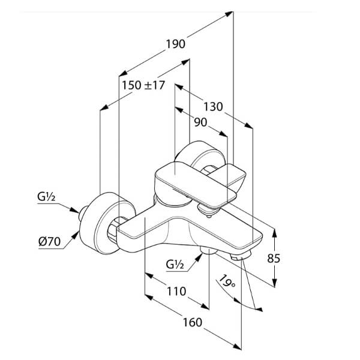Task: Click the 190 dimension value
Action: [x=176, y=44]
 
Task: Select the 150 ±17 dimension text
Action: [x=143, y=85]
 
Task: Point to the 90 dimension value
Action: [x=200, y=122]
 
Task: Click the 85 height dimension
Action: [x=274, y=258]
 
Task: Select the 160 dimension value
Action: [x=191, y=322]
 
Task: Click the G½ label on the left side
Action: [x=47, y=196]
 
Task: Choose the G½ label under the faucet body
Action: [x=176, y=263]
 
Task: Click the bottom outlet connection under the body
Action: [x=208, y=251]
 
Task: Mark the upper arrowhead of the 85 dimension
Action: [x=275, y=232]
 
